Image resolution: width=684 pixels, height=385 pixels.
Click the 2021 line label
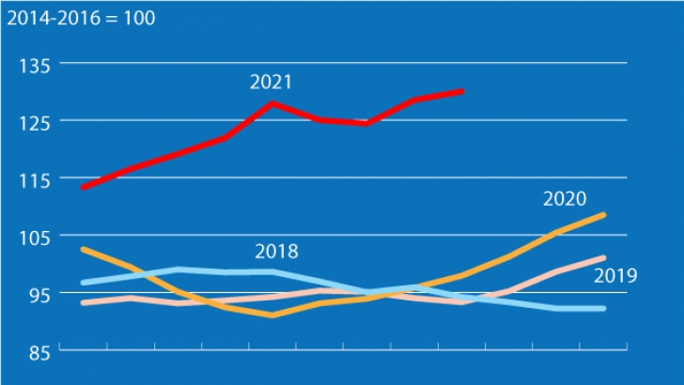[271, 83]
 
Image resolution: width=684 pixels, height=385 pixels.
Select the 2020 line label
[565, 199]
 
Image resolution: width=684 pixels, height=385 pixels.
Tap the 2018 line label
[276, 252]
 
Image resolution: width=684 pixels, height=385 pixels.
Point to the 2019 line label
[616, 275]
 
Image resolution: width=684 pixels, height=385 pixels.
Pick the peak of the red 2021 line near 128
[272, 102]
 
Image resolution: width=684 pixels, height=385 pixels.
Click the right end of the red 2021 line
[461, 91]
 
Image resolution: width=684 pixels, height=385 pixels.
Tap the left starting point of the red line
[84, 188]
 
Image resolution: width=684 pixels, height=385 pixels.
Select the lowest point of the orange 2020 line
[272, 316]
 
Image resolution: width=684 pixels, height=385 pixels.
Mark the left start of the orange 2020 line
[84, 249]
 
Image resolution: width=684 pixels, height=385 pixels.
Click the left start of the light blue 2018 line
[84, 282]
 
